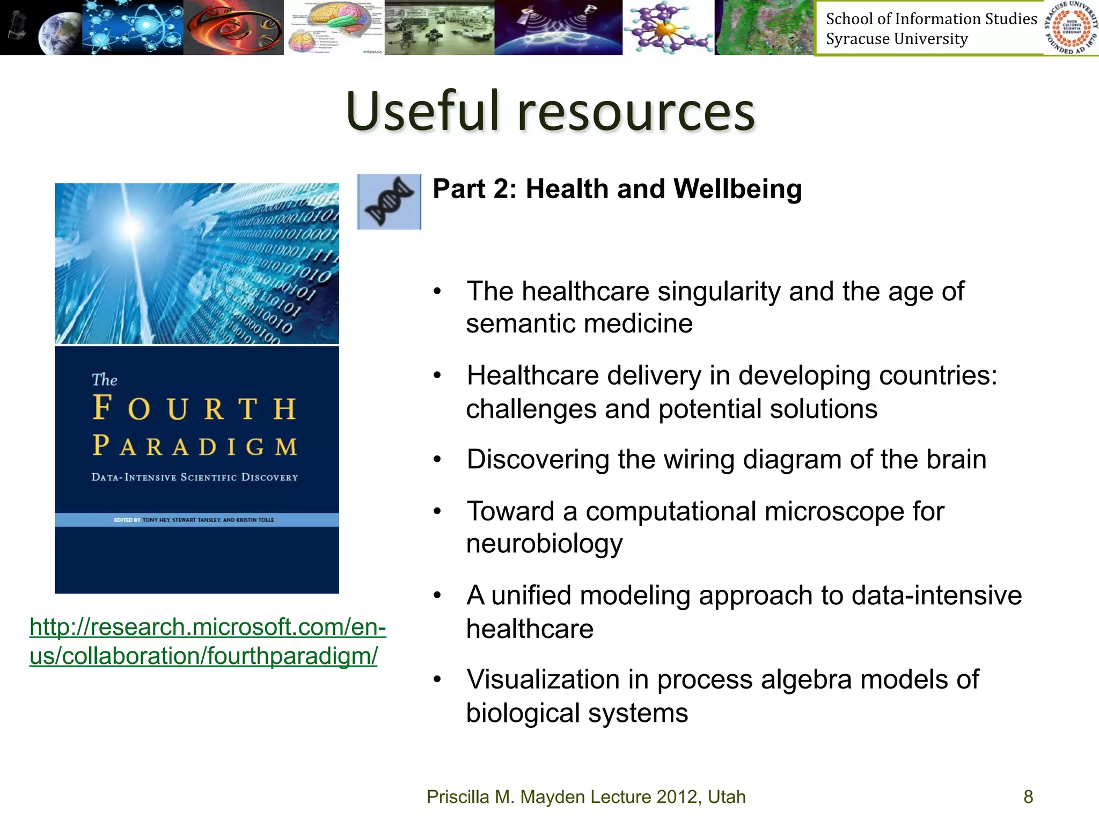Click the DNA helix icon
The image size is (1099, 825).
pos(389,202)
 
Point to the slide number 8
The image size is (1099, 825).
pos(1028,797)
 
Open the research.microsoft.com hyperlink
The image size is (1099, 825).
pos(208,641)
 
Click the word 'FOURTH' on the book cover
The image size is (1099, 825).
pos(194,408)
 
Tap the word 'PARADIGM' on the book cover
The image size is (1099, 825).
pos(194,446)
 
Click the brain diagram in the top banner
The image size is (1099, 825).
pos(334,27)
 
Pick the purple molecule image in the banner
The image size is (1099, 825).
pos(668,27)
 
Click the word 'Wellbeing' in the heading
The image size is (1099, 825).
pos(737,189)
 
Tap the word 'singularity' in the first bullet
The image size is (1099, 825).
pos(719,292)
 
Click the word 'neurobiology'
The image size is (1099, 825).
pos(544,544)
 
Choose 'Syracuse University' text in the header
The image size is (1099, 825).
pos(897,39)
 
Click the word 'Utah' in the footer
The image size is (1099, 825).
pos(727,797)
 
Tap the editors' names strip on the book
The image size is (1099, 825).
pos(197,520)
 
